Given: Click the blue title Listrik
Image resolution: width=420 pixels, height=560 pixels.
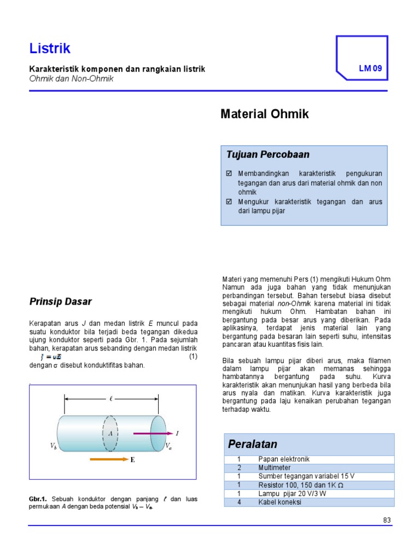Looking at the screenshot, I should tap(50, 49).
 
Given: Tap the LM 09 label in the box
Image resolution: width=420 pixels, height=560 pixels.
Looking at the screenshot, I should tap(370, 69).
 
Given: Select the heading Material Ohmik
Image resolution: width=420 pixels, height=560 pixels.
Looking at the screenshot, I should tap(265, 114).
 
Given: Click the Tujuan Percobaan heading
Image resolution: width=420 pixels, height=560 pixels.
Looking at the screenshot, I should tap(260, 155).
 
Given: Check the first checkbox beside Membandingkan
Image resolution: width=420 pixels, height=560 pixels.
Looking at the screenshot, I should tap(229, 173).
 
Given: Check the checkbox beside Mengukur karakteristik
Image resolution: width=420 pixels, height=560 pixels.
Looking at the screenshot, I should tap(229, 201).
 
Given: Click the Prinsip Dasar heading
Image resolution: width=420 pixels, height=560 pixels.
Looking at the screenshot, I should tap(60, 301).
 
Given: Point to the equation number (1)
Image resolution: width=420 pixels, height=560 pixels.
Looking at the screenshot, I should tap(192, 357).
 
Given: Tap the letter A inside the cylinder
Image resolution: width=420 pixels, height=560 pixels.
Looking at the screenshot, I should tap(110, 433).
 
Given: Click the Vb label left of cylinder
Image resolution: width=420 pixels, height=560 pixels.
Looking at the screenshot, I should tap(54, 446).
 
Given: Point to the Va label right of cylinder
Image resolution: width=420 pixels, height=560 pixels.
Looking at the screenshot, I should tap(169, 446).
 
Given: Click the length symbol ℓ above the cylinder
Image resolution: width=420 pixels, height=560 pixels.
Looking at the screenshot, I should tap(112, 399).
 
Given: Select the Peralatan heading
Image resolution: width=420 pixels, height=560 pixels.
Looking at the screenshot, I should tap(254, 444).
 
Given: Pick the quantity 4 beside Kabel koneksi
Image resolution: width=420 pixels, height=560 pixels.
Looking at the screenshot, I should tap(239, 502).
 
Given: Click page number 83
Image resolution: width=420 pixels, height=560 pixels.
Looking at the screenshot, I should tap(387, 520).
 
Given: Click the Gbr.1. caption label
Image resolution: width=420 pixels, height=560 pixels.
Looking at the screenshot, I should tap(38, 499).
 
